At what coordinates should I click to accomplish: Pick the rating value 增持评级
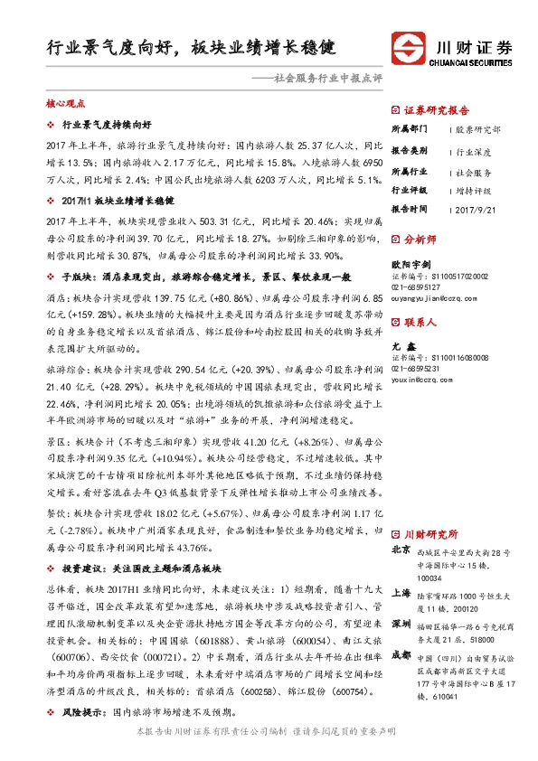[473, 191]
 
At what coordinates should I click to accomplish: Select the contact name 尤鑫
[399, 347]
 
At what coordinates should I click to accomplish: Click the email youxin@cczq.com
[420, 379]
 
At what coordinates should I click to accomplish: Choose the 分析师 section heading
[420, 240]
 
